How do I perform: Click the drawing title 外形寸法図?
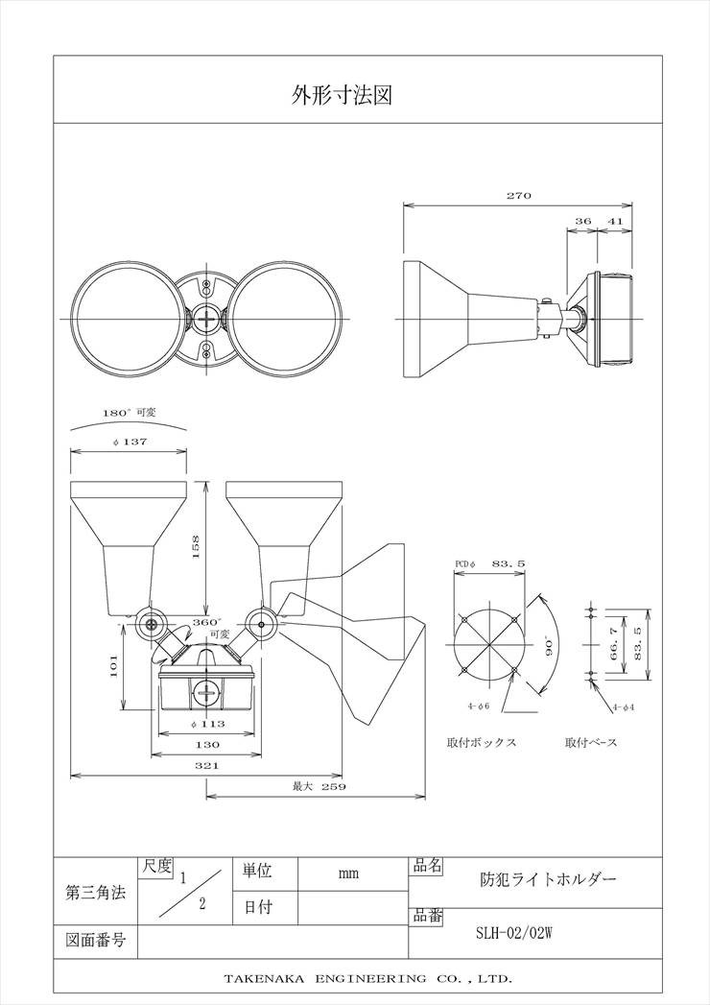[x=342, y=95]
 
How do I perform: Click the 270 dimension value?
[x=519, y=196]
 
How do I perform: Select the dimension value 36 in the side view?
[x=583, y=221]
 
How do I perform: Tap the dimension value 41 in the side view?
[x=615, y=221]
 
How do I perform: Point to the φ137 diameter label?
[x=130, y=442]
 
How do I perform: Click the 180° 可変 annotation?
[x=130, y=413]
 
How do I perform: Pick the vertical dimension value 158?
[x=196, y=547]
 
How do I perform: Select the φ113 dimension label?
[x=207, y=724]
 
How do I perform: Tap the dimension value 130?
[x=207, y=744]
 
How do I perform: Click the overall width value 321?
[x=207, y=765]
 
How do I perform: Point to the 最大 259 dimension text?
[x=319, y=786]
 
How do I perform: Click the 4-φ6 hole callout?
[x=479, y=706]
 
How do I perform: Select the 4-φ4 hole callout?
[x=624, y=707]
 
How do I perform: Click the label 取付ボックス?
[x=482, y=743]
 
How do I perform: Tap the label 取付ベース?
[x=591, y=743]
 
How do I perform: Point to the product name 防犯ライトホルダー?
[x=549, y=878]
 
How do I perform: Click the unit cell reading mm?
[x=348, y=873]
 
